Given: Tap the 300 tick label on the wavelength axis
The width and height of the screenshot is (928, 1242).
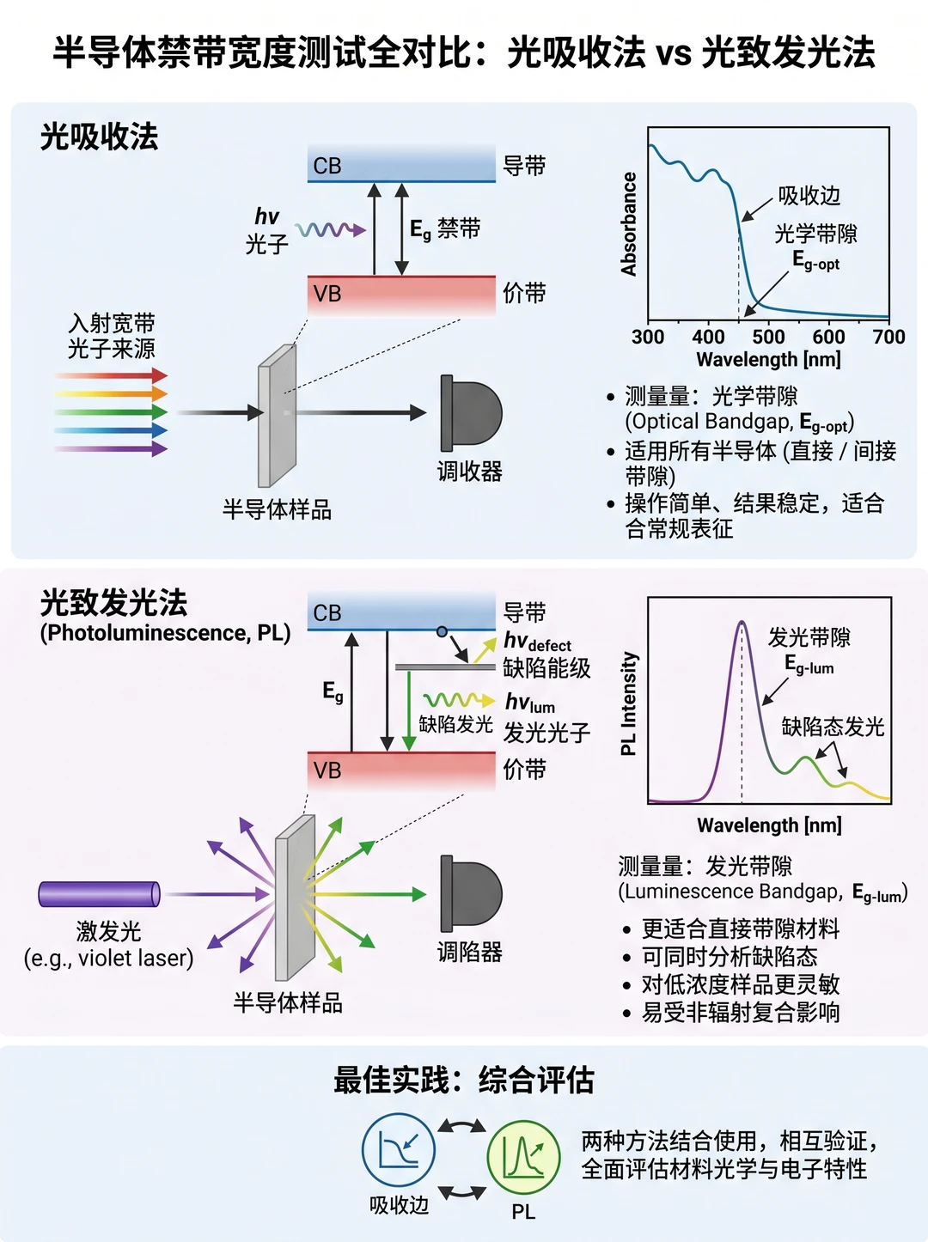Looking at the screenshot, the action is click(648, 338).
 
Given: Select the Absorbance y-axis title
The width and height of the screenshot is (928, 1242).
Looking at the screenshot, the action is click(629, 224).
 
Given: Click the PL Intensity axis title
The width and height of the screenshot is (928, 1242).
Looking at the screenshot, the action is click(629, 703).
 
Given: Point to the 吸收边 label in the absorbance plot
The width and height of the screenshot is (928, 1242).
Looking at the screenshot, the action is click(809, 196).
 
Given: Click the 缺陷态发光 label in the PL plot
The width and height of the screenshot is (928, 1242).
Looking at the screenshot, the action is click(833, 727).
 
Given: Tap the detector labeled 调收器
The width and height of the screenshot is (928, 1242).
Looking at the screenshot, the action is click(472, 413).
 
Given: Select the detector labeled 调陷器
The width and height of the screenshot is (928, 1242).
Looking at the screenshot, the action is click(472, 893).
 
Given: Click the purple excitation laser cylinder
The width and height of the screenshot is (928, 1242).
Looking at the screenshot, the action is click(99, 894).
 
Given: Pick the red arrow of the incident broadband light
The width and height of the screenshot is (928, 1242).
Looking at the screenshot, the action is click(112, 375).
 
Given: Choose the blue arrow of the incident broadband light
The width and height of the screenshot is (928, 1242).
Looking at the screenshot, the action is click(112, 430).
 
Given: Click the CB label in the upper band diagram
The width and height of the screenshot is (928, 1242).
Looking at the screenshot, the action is click(327, 166).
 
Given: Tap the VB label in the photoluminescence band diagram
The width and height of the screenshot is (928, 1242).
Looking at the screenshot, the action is click(327, 770).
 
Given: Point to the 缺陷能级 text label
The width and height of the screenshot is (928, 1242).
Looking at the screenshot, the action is click(546, 668).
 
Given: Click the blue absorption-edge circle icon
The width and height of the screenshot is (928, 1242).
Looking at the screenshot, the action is click(399, 1150).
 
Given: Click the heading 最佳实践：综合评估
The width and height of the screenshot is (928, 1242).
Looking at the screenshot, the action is click(463, 1081).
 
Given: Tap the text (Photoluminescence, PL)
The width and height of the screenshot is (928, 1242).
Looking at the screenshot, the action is click(165, 633).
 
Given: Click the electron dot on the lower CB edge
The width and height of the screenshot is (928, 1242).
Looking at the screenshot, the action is click(442, 631).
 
